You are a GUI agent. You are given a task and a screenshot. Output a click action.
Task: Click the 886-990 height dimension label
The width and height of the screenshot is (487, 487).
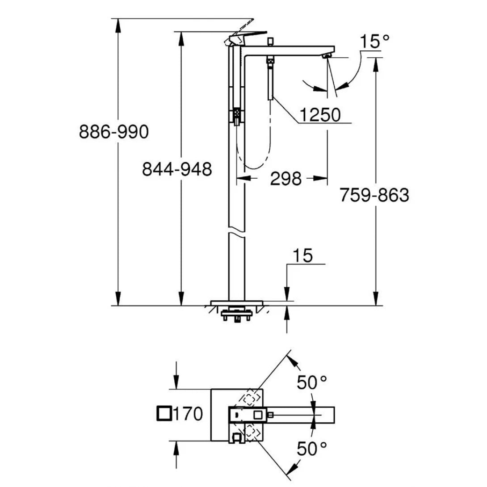click(113, 132)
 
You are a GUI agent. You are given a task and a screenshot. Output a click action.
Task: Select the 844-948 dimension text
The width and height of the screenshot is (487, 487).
click(176, 169)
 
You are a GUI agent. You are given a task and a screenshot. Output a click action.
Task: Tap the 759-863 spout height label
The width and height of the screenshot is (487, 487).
click(374, 196)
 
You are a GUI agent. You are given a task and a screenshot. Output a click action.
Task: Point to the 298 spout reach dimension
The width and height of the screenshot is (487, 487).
click(286, 179)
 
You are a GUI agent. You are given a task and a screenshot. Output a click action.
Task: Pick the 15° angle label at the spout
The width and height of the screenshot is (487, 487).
click(375, 42)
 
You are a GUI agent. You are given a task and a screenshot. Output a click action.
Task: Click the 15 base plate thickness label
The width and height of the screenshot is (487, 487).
click(303, 256)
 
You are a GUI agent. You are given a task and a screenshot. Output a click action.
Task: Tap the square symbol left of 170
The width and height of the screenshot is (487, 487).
click(164, 414)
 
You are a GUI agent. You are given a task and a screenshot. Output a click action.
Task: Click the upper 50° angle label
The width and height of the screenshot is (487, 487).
click(312, 383)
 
